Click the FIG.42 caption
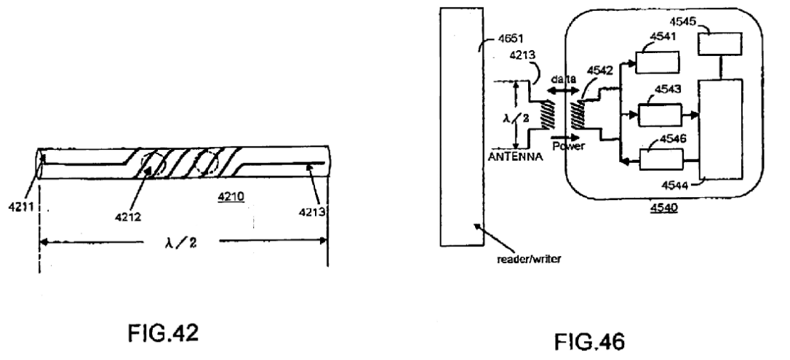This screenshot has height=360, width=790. click(x=163, y=333)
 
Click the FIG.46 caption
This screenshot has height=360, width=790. click(x=589, y=342)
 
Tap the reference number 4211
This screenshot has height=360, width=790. click(x=20, y=207)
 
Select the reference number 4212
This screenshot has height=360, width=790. click(x=128, y=217)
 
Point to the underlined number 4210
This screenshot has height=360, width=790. click(x=231, y=196)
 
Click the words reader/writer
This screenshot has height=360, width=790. click(x=529, y=260)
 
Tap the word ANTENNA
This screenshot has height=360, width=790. click(x=515, y=157)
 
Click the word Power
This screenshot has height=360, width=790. click(x=569, y=146)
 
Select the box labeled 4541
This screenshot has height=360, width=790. click(x=657, y=63)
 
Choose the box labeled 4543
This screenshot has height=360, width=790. click(x=660, y=115)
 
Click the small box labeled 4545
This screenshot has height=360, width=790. click(x=719, y=44)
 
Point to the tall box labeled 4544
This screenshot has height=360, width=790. click(x=720, y=129)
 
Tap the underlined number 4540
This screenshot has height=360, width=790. click(x=663, y=207)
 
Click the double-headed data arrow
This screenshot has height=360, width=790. click(x=562, y=91)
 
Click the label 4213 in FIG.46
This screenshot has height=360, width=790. click(x=522, y=55)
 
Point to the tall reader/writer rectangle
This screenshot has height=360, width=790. click(x=462, y=127)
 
